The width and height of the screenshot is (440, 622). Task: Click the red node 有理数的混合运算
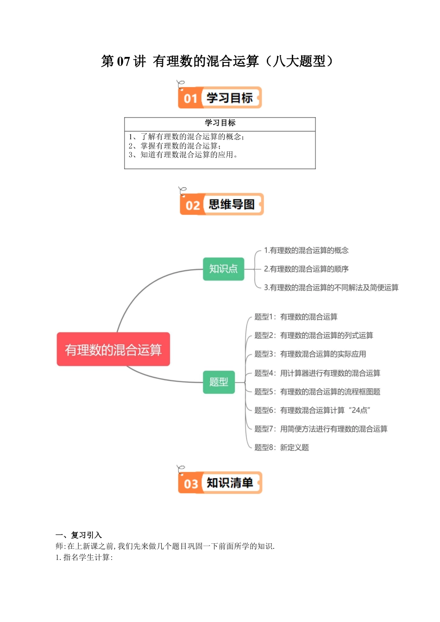[113, 349]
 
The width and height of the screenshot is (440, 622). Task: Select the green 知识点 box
[223, 269]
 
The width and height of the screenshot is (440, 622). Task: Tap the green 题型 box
[219, 382]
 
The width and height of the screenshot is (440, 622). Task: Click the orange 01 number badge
[190, 99]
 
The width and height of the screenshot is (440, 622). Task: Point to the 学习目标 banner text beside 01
[230, 98]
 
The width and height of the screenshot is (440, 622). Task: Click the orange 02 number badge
[192, 205]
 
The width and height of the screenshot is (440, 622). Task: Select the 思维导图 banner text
[232, 205]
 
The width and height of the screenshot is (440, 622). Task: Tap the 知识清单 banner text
[230, 483]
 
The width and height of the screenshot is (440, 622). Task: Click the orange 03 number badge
[190, 484]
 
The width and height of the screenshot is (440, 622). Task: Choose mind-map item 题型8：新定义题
[282, 448]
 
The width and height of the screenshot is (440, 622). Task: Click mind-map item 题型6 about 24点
[312, 410]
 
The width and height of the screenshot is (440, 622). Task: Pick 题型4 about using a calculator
[317, 373]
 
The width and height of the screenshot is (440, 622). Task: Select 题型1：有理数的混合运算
[296, 317]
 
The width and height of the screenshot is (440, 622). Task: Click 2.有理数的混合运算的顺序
[306, 269]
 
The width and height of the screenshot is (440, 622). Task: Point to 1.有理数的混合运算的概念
[306, 250]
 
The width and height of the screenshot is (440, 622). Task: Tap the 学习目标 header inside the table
[220, 123]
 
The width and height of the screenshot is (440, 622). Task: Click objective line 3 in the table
[184, 155]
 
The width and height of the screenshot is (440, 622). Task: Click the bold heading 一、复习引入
[79, 535]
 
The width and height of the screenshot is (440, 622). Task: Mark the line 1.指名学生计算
[84, 557]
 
